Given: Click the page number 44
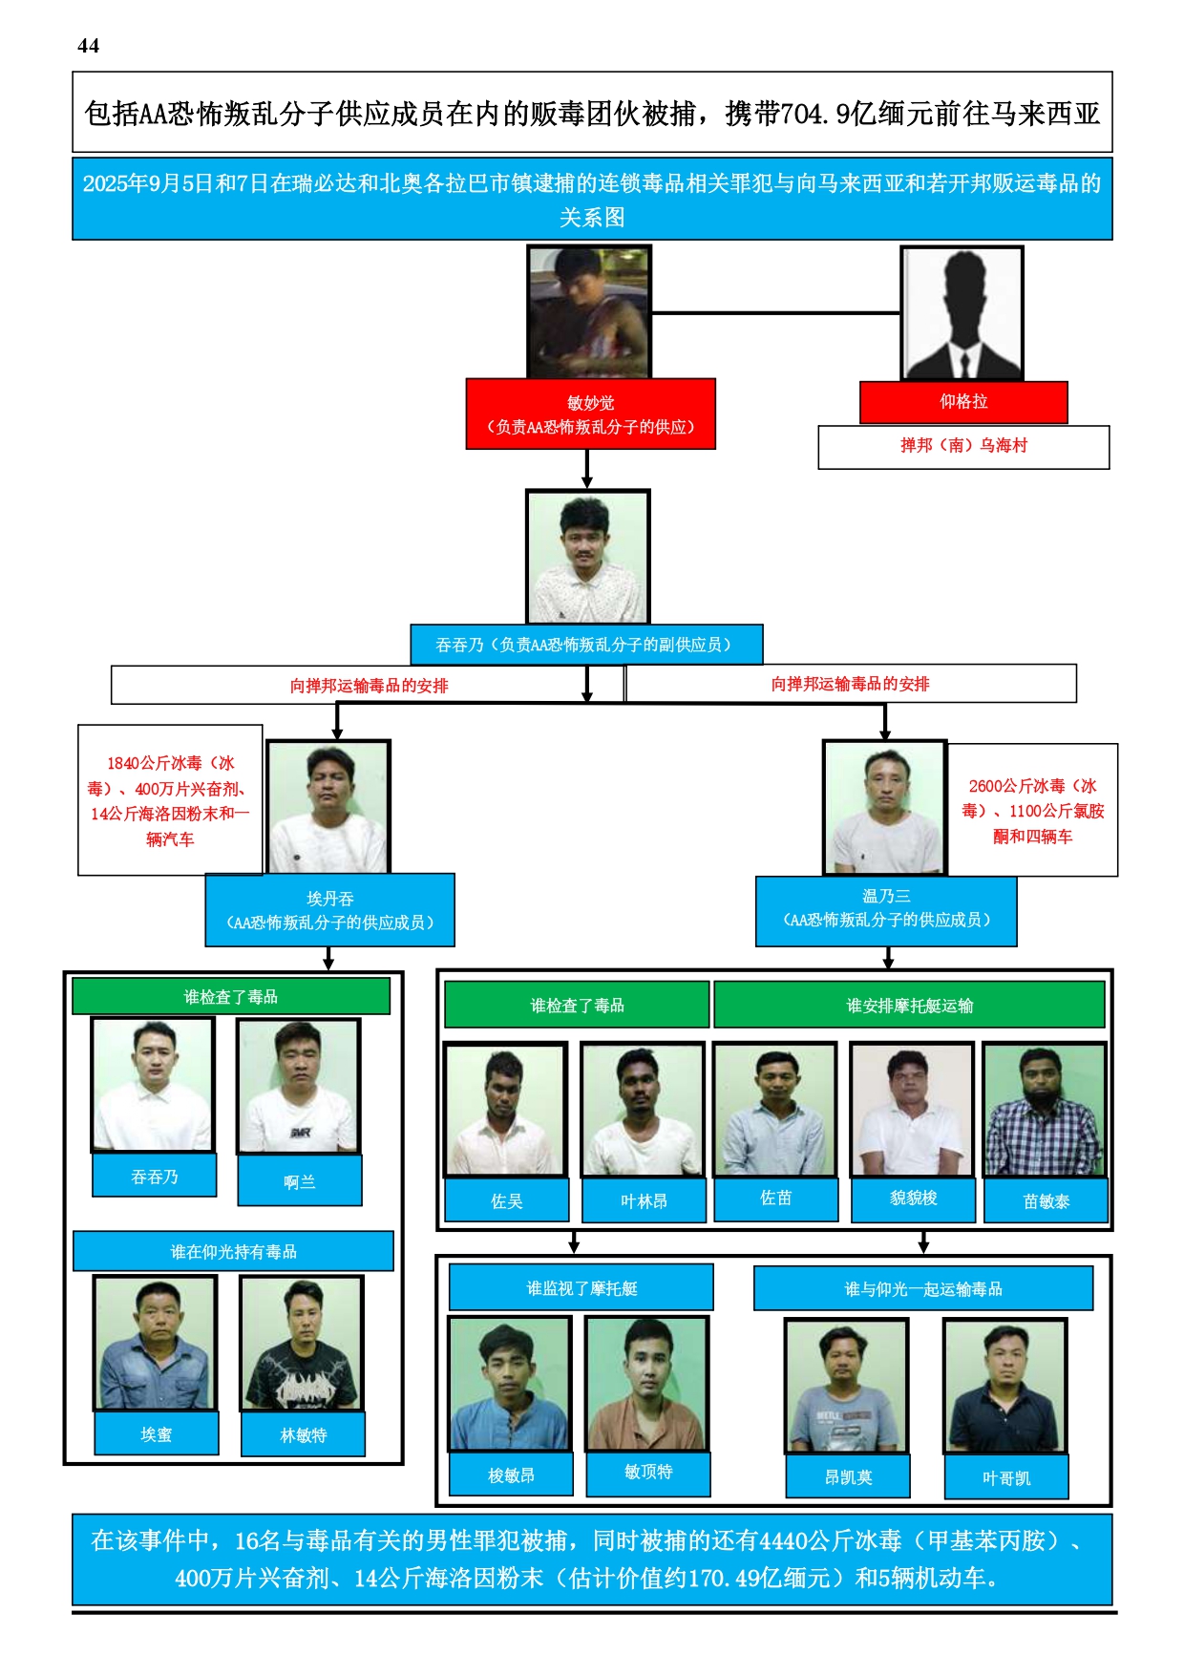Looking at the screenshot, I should (88, 46).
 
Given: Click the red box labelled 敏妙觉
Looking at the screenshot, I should (590, 414).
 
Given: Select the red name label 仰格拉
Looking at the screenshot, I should (963, 402).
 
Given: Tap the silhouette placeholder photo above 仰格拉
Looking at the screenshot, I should (962, 313).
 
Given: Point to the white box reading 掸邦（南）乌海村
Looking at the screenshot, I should (963, 446).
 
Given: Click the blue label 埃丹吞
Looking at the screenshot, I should (329, 910).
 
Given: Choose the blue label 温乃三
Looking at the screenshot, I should (886, 908).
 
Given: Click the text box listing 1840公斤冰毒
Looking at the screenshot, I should (170, 800).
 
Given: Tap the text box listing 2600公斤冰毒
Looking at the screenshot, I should (1032, 810).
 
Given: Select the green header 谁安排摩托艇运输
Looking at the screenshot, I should (909, 1006).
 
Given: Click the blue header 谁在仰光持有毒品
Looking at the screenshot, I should (233, 1251).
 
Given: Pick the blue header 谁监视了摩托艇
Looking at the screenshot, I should (581, 1288).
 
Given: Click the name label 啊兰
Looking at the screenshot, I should (299, 1181).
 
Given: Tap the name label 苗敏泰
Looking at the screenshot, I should (1046, 1201).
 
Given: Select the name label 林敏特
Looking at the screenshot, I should (303, 1434).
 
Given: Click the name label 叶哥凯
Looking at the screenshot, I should (1005, 1477).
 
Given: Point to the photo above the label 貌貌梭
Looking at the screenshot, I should (912, 1110).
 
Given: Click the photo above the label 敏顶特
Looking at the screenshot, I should (646, 1383).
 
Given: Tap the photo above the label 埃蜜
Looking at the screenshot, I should (155, 1343).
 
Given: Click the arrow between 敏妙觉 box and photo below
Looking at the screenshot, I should (587, 469).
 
